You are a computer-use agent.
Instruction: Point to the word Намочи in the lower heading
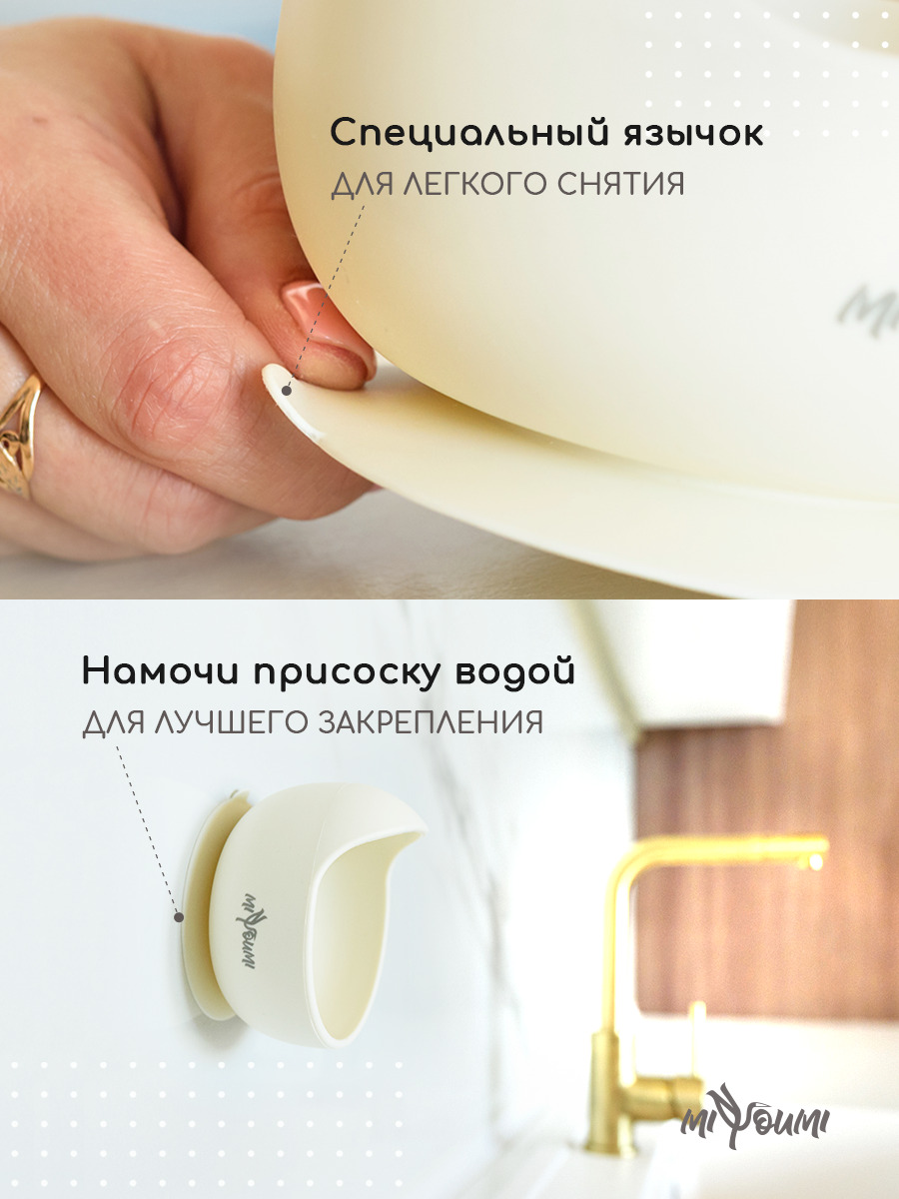coord(160,671)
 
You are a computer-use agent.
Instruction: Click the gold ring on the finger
coord(21,437)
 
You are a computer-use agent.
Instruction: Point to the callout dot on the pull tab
coord(286,391)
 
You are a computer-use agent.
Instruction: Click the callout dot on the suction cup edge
coord(179,917)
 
